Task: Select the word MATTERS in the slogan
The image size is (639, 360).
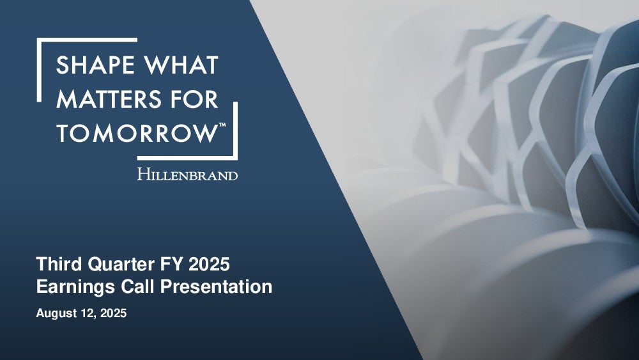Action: [109, 99]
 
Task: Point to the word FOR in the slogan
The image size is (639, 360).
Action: [195, 99]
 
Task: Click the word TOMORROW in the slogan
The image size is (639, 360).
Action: [136, 133]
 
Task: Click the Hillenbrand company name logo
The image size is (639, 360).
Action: [187, 174]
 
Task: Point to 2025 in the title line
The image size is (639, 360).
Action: [209, 264]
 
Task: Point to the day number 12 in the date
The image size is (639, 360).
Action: [84, 313]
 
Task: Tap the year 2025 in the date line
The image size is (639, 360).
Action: [113, 313]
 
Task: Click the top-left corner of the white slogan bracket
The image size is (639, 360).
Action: [38, 38]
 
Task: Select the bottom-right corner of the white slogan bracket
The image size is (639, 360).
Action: [237, 159]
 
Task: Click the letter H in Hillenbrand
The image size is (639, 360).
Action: [143, 174]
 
